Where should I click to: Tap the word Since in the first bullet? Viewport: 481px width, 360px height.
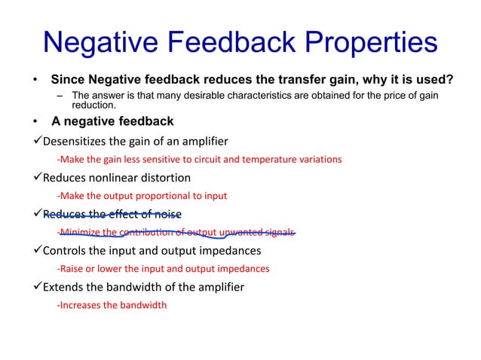(66, 80)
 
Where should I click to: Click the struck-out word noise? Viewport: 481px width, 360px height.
(167, 214)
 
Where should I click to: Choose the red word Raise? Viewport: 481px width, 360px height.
(72, 268)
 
